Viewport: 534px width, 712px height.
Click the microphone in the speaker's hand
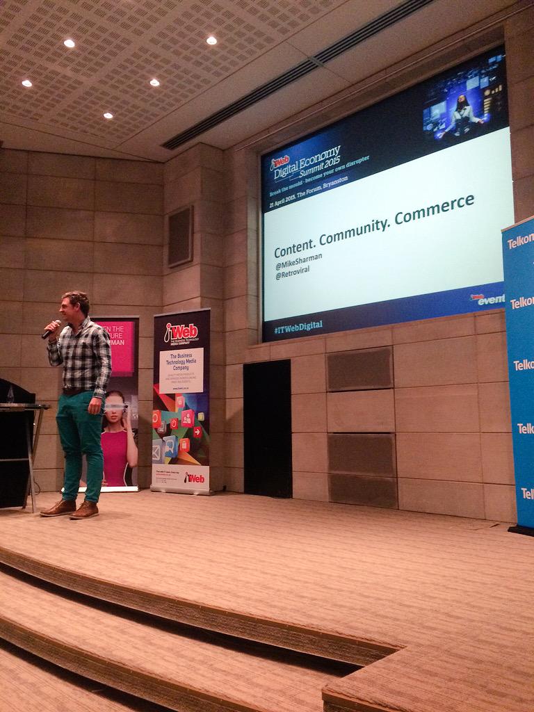51,329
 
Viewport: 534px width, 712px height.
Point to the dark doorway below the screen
267,428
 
